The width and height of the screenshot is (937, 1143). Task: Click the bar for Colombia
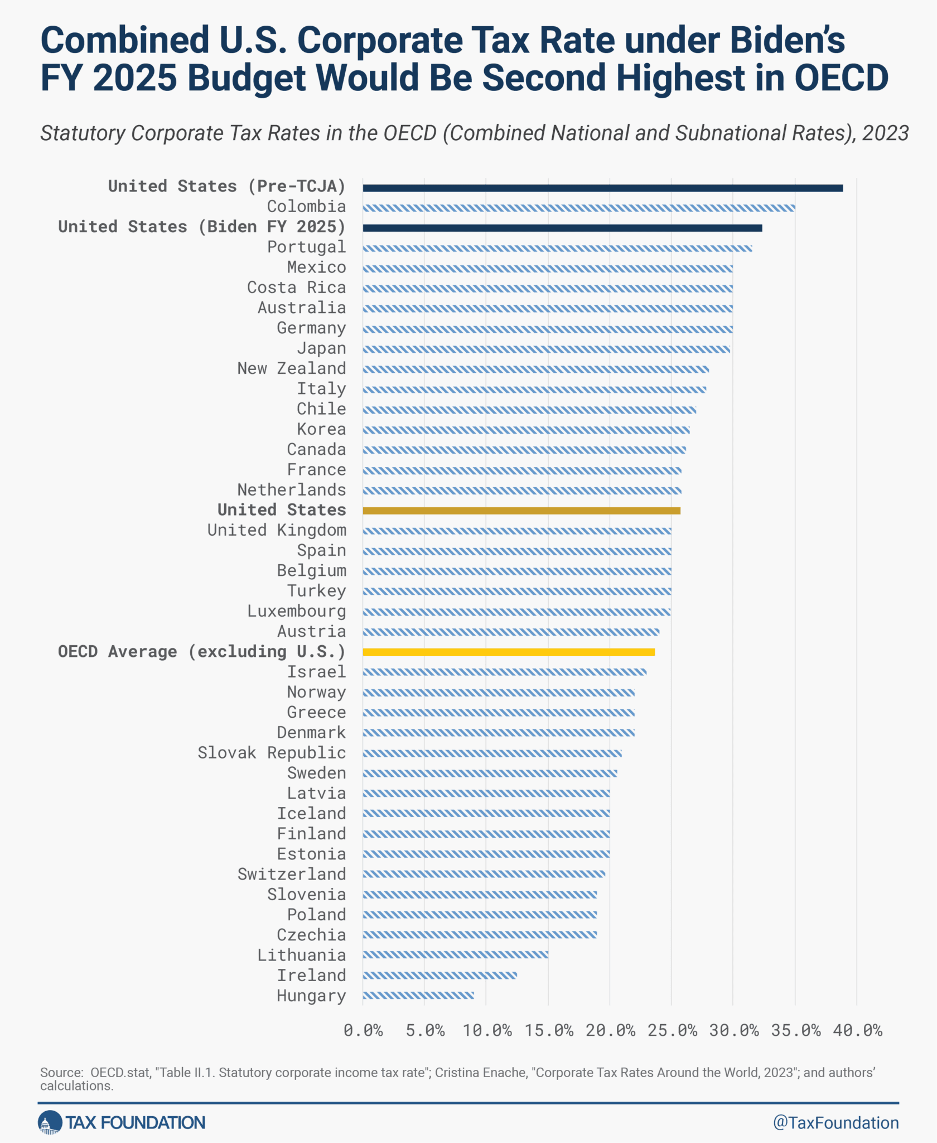point(579,208)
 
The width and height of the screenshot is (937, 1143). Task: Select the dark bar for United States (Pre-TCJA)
point(603,188)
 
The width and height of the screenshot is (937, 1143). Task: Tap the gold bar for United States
point(521,511)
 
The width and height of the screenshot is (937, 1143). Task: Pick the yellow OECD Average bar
point(509,652)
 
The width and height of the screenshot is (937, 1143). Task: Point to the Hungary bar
point(418,996)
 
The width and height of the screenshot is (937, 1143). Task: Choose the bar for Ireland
point(439,976)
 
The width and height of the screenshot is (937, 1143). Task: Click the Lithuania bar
point(455,955)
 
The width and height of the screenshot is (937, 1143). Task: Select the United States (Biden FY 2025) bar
point(562,228)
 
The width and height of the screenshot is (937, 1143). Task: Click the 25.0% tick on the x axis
point(672,1030)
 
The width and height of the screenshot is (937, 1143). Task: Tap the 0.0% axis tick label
point(363,1030)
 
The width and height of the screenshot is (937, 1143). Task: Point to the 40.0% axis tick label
point(858,1030)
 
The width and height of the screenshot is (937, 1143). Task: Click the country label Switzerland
point(292,874)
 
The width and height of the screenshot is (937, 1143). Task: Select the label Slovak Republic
point(272,753)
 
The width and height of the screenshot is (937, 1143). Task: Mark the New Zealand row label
point(292,368)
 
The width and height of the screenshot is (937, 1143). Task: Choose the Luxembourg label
point(297,611)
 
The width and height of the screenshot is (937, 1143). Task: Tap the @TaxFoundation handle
point(835,1122)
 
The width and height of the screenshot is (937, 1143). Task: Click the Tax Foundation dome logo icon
point(50,1122)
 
